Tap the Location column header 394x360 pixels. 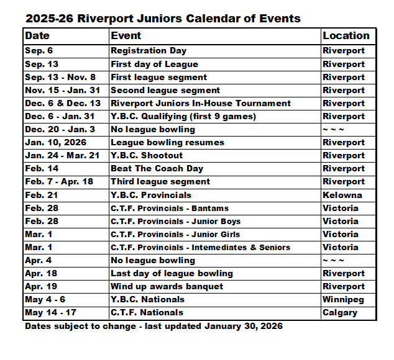(346, 36)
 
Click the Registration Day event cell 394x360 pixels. (149, 51)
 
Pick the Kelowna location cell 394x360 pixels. (342, 195)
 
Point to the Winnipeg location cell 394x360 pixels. (344, 299)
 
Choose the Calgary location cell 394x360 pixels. (340, 312)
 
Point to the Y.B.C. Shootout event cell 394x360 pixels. (147, 155)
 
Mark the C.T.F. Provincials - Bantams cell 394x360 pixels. (170, 208)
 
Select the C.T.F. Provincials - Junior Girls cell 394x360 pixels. (175, 234)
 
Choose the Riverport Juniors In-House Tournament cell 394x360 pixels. (201, 103)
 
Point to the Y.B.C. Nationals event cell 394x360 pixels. (147, 299)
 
